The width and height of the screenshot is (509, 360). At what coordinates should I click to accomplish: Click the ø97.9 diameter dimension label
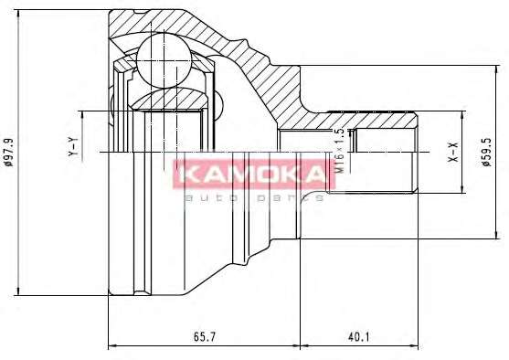tap(9, 153)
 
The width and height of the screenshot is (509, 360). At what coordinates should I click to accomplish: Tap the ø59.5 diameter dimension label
tap(487, 153)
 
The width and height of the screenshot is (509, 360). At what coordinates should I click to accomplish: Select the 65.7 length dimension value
tap(204, 336)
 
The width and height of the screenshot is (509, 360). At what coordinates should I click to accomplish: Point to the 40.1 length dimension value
tap(359, 336)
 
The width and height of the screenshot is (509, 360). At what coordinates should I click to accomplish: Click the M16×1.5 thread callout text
tap(339, 151)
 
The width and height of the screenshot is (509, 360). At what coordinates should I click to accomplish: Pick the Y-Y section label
tap(73, 147)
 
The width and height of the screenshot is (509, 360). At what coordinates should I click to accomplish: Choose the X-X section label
tap(453, 153)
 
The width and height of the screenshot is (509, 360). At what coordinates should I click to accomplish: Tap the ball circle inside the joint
tap(164, 60)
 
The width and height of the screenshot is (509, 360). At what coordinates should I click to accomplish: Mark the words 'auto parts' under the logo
tap(253, 197)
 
